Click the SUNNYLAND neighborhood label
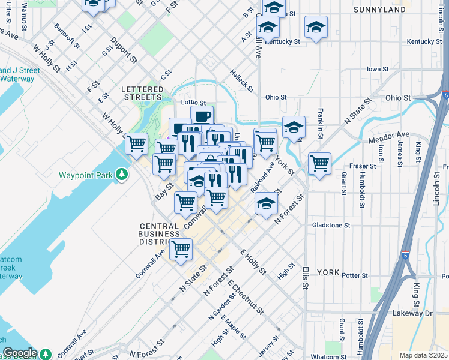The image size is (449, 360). click(380, 10)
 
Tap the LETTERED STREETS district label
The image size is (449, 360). click(142, 93)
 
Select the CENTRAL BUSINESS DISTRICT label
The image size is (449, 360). click(159, 233)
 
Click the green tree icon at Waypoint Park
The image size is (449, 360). click(122, 175)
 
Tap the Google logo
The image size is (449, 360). click(19, 353)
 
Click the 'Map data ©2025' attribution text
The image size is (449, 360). click(423, 355)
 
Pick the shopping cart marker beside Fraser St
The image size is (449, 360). click(319, 163)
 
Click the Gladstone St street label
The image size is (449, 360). click(331, 225)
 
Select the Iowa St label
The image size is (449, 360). click(378, 69)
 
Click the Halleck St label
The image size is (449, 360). click(242, 80)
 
